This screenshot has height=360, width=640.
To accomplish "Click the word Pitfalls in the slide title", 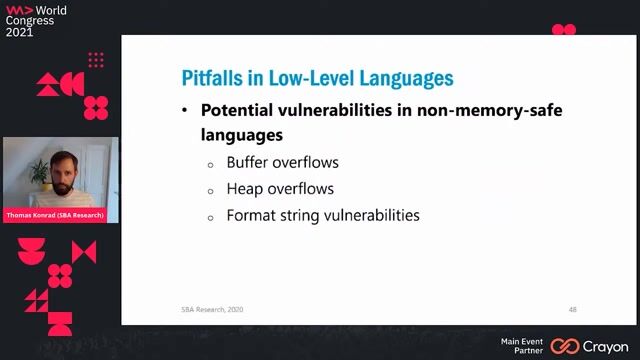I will (213, 78).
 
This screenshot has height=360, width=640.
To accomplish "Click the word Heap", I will (244, 188).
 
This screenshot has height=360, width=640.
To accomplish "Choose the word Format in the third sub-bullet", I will (250, 215).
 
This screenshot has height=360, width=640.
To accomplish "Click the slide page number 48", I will (572, 309).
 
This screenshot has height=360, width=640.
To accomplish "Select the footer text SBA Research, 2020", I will (204, 309).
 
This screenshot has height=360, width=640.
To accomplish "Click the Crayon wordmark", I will (605, 346).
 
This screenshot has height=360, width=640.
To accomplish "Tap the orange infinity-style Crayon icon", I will (565, 346).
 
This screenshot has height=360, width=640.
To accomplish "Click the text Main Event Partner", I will (521, 346).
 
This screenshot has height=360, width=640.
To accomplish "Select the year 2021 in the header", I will (21, 32).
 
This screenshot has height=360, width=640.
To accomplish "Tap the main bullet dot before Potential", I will (185, 111).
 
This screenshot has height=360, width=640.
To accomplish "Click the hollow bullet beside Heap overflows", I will (211, 190).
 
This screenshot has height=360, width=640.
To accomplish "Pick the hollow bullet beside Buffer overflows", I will (211, 164).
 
